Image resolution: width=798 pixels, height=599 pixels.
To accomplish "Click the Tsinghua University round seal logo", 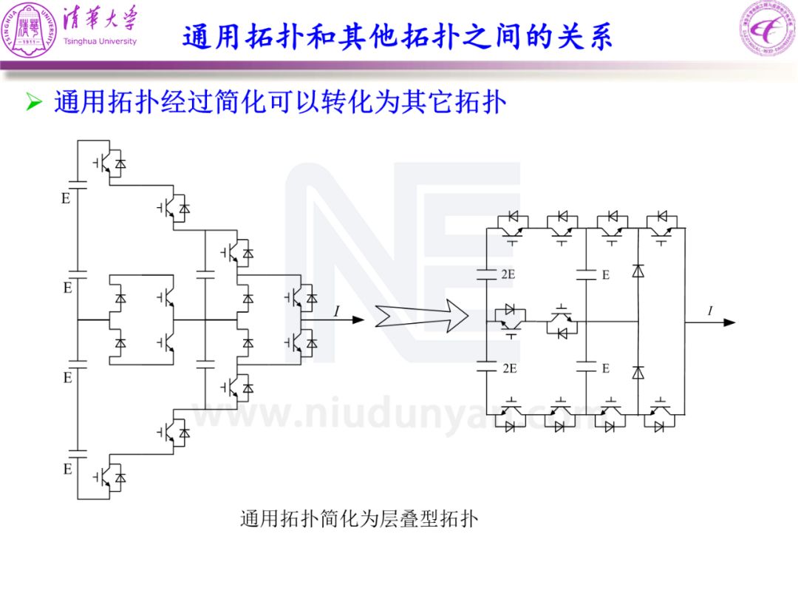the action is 29,30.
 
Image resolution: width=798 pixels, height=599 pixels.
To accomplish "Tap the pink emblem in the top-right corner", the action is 768,28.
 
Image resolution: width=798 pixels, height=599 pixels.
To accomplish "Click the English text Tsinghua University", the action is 100,41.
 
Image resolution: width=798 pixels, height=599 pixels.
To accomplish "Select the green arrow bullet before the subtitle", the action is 34,102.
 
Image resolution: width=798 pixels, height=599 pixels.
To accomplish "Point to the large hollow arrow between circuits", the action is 422,316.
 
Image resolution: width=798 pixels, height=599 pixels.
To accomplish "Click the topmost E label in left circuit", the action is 66,198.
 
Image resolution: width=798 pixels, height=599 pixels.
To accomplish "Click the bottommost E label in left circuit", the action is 68,469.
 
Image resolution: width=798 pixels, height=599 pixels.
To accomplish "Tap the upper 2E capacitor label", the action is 508,274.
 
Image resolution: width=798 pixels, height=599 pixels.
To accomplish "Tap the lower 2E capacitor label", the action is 509,368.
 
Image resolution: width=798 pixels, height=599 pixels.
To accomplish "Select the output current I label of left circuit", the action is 336,311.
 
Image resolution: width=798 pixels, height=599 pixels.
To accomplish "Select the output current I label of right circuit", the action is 710,310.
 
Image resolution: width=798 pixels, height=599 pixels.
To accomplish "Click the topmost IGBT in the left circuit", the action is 109,163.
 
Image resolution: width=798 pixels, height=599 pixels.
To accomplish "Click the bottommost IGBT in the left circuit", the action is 109,478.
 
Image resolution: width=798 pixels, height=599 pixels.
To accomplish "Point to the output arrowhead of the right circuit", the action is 729,322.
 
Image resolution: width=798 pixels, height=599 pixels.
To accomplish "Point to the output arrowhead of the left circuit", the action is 358,320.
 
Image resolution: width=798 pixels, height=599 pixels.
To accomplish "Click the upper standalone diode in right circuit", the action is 638,271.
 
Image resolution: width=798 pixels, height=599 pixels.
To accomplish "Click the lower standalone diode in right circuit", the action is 638,373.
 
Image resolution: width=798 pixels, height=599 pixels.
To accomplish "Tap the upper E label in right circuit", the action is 606,275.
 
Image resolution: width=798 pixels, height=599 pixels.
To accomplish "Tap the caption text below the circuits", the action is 359,519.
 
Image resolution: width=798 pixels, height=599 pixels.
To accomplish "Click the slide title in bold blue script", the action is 398,36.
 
